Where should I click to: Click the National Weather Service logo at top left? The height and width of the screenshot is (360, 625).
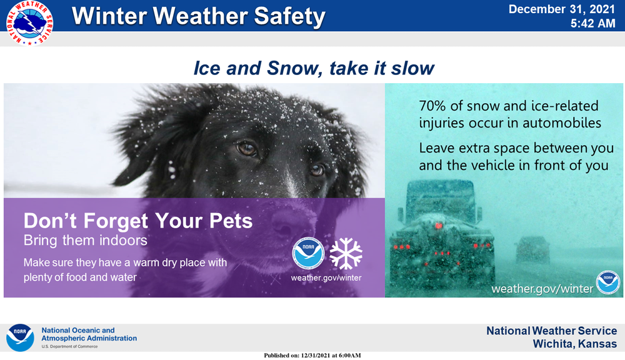tap(29, 23)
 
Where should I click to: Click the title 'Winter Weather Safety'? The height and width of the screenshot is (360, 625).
tap(199, 16)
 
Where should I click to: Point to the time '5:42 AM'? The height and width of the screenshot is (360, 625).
tap(593, 24)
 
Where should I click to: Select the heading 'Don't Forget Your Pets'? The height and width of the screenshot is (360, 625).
tap(138, 221)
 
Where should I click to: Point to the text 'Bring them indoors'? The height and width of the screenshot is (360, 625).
tap(85, 240)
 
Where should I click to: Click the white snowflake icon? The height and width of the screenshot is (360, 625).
tap(346, 253)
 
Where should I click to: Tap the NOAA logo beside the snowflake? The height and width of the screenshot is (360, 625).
tap(308, 253)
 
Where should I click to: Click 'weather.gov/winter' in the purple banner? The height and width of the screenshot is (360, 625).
tap(326, 277)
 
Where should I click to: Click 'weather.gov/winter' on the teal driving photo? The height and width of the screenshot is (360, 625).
tap(541, 288)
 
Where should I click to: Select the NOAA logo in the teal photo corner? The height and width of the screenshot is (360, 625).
tap(607, 282)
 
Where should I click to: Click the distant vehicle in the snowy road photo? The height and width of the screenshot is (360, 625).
tap(532, 250)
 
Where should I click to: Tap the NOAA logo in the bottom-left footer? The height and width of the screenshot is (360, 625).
tap(20, 337)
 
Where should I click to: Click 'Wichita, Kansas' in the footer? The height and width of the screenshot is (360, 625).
tap(574, 344)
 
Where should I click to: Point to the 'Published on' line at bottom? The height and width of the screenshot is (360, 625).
tap(312, 355)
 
